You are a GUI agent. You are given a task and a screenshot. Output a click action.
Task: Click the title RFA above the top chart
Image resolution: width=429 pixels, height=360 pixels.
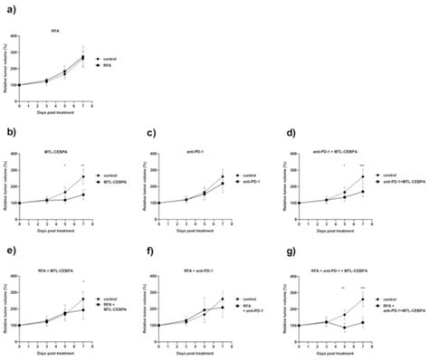(x=56, y=32)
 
